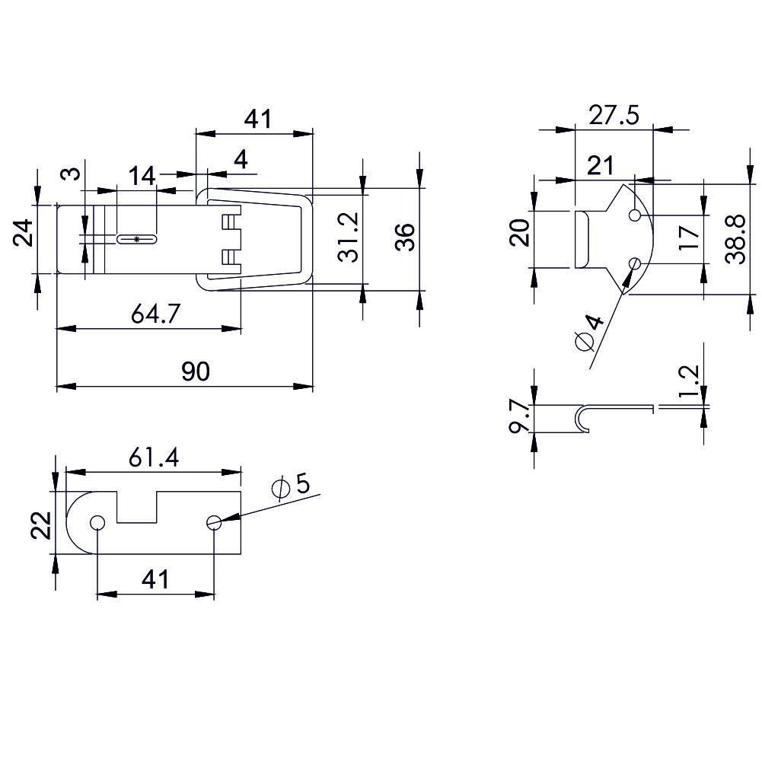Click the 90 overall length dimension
pyautogui.click(x=196, y=371)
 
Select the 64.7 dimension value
pyautogui.click(x=155, y=314)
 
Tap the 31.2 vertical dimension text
pyautogui.click(x=349, y=237)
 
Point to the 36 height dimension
pyautogui.click(x=405, y=237)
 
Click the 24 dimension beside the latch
pyautogui.click(x=23, y=233)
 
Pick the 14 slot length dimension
pyautogui.click(x=142, y=176)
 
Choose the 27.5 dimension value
pyautogui.click(x=614, y=116)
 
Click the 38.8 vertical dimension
pyautogui.click(x=735, y=239)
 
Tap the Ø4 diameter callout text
pyautogui.click(x=588, y=333)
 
